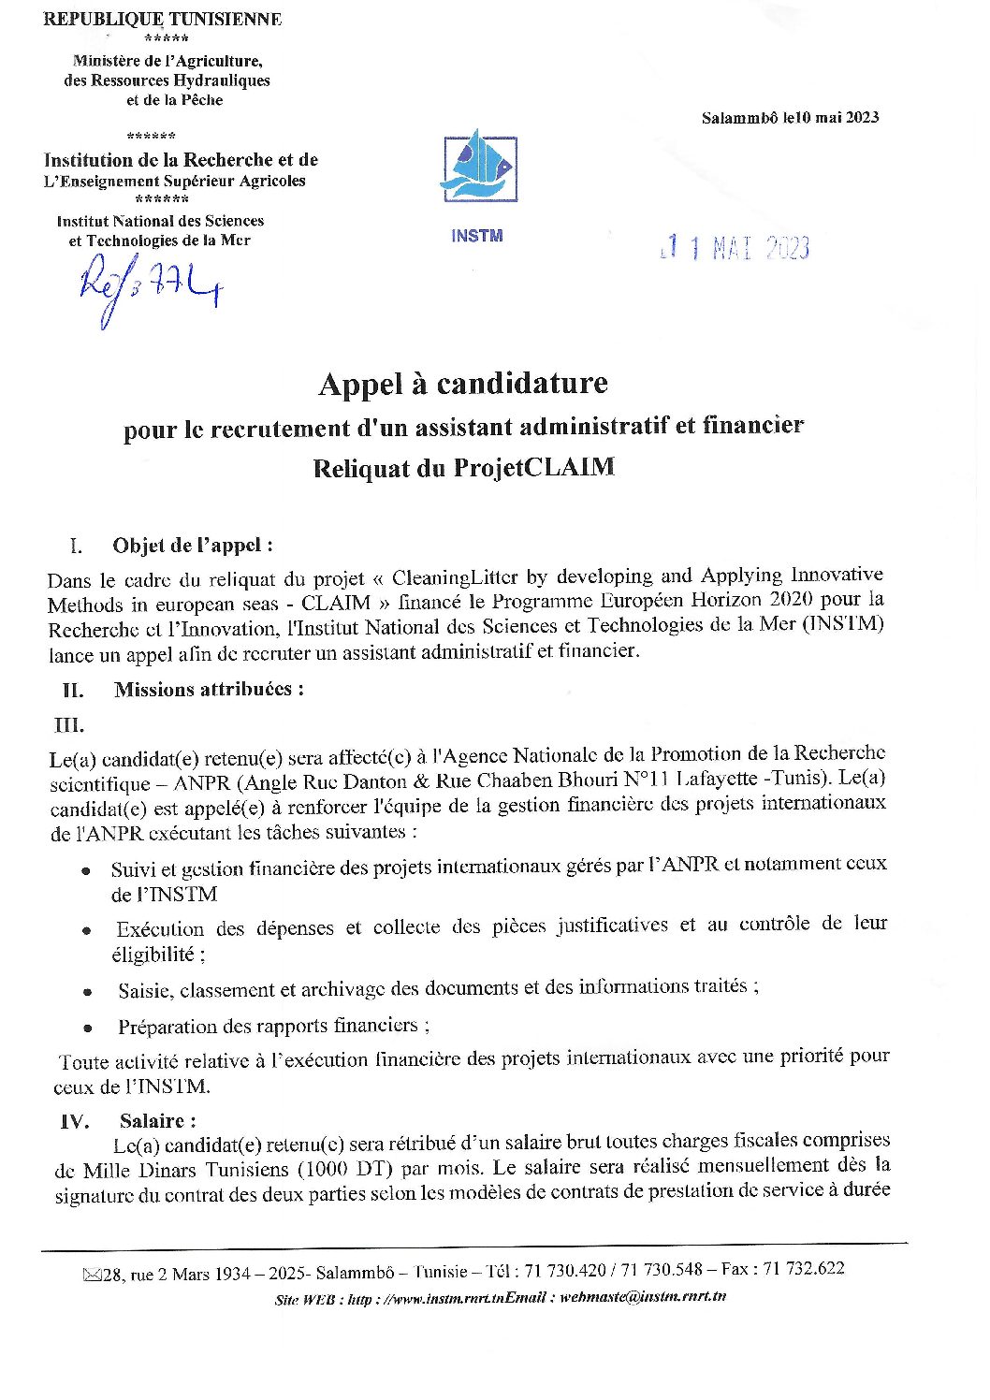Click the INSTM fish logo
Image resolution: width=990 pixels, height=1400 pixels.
point(480,168)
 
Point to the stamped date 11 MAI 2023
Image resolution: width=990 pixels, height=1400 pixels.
point(735,248)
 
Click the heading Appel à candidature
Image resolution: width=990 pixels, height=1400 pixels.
point(463,384)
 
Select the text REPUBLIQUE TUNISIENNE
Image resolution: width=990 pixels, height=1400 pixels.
point(162,19)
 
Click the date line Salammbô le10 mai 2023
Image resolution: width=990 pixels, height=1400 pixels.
point(790,117)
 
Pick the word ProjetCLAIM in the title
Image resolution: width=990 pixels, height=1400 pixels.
point(534,467)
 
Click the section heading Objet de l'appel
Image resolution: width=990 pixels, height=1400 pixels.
point(193,545)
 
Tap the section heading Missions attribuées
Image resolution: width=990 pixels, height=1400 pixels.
point(209,690)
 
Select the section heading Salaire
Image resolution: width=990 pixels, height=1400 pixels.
point(157,1120)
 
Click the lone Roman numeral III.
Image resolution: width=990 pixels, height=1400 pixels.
point(69,724)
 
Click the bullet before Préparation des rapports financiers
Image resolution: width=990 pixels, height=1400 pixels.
point(88,1028)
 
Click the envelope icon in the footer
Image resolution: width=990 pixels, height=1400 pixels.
point(92,1274)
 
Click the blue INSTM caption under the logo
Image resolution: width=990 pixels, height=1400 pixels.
point(476,236)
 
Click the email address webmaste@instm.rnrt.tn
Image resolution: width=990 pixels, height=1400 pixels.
point(643,1297)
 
